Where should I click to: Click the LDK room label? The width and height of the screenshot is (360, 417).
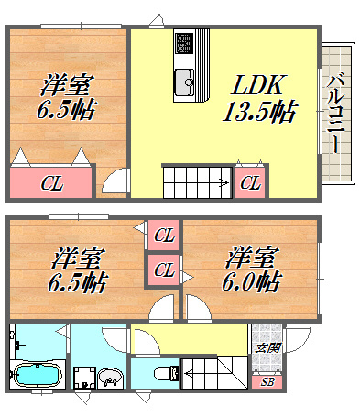coord(258,85)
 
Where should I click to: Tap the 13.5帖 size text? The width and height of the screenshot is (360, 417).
coord(260,112)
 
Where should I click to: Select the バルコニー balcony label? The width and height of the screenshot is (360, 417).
coord(336,113)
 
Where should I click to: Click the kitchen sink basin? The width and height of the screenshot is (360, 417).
coord(184,82)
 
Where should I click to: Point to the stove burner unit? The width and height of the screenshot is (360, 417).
coord(184,42)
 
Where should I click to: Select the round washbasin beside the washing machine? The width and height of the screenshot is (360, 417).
coord(110,379)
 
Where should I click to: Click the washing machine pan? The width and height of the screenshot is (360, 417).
coord(84,378)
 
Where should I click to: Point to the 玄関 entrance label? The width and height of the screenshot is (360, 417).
coord(267,347)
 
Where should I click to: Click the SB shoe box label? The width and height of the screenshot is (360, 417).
coord(267,381)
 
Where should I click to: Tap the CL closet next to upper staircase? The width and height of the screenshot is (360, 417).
coord(250,182)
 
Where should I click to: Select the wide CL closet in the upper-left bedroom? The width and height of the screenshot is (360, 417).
coord(51,182)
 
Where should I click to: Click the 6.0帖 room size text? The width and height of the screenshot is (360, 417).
coord(251,281)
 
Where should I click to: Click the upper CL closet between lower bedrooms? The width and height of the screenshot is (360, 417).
coord(164,235)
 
